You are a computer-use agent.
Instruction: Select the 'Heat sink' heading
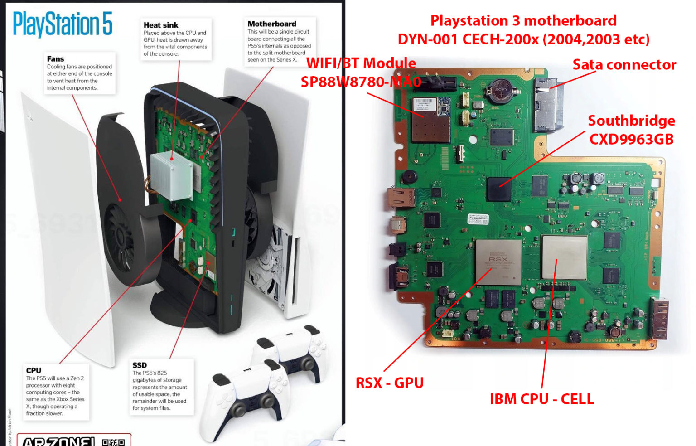pyautogui.click(x=161, y=25)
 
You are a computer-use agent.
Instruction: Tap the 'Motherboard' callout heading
pyautogui.click(x=272, y=24)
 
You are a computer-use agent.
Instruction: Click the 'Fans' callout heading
pyautogui.click(x=55, y=59)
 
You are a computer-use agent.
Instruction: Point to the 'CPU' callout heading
pyautogui.click(x=34, y=370)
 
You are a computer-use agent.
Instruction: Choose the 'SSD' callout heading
pyautogui.click(x=140, y=365)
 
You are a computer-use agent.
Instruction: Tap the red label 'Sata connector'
pyautogui.click(x=624, y=65)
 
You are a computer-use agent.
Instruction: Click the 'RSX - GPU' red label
pyautogui.click(x=389, y=383)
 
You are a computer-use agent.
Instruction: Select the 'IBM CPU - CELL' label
pyautogui.click(x=541, y=399)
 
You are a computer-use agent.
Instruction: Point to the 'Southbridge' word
pyautogui.click(x=631, y=121)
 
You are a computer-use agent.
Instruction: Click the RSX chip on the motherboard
pyautogui.click(x=498, y=262)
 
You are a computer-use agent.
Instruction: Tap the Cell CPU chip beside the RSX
pyautogui.click(x=564, y=257)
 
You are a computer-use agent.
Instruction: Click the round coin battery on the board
pyautogui.click(x=501, y=90)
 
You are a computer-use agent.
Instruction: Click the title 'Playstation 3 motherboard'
pyautogui.click(x=523, y=21)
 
